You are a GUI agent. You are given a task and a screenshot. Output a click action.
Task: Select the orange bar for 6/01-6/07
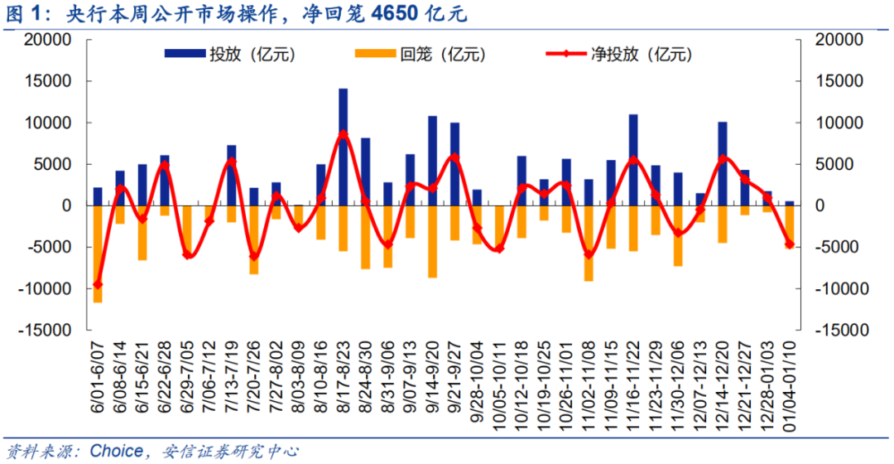click(x=98, y=254)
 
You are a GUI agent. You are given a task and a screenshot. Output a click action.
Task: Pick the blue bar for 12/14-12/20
click(x=723, y=163)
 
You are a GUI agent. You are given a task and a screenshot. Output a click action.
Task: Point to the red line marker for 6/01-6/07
click(x=98, y=284)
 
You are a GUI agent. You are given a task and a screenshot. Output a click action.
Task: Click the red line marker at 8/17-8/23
click(x=343, y=134)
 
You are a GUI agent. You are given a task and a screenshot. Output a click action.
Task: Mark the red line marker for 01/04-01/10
click(x=789, y=244)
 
